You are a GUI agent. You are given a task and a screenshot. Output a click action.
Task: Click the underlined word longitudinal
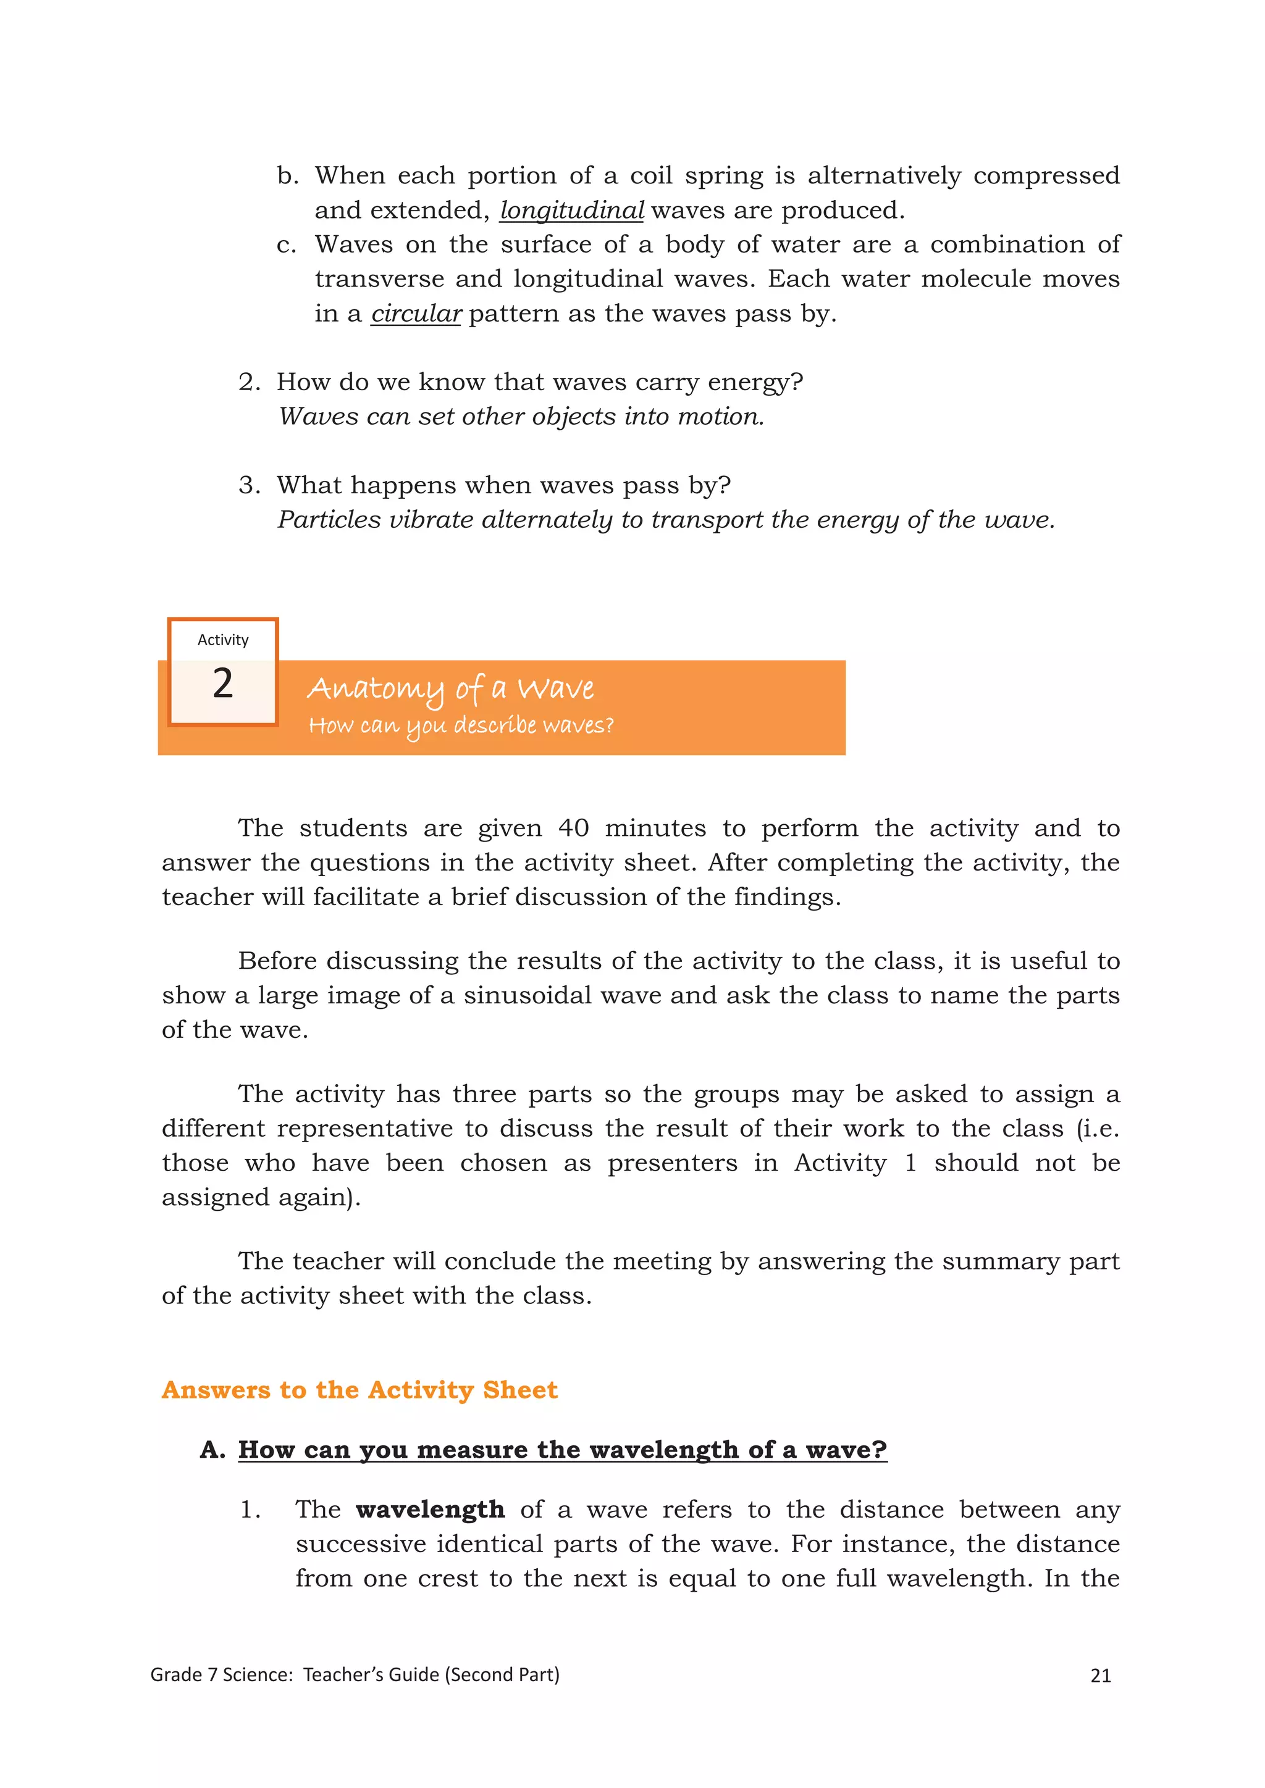(x=572, y=211)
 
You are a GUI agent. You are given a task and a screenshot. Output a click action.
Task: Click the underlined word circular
(x=416, y=313)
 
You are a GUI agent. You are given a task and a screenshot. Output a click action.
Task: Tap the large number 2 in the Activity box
(x=223, y=683)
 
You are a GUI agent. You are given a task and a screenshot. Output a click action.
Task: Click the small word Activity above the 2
(x=223, y=640)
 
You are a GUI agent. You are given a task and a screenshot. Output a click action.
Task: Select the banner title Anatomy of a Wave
(x=450, y=688)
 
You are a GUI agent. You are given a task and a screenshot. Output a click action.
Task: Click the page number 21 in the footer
(x=1101, y=1675)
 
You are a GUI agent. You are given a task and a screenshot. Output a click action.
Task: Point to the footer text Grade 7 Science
(x=221, y=1674)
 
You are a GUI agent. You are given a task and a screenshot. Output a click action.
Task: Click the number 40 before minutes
(x=573, y=827)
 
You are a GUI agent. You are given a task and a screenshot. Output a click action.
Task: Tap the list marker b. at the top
(x=287, y=176)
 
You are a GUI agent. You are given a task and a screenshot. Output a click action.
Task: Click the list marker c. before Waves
(x=287, y=244)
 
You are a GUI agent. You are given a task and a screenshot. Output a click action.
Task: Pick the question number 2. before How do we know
(x=250, y=382)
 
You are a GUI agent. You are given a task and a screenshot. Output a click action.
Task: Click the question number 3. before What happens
(x=250, y=485)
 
